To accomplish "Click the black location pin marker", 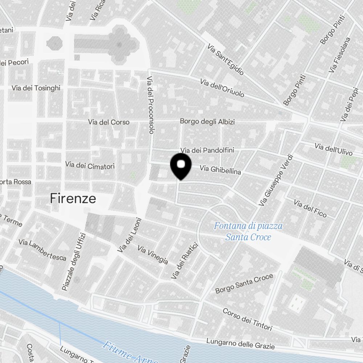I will pyautogui.click(x=181, y=166).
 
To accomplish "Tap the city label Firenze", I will pyautogui.click(x=73, y=199).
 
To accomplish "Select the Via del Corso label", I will pyautogui.click(x=109, y=122).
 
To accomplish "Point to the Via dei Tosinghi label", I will pyautogui.click(x=36, y=88).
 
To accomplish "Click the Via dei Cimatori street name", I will pyautogui.click(x=90, y=166).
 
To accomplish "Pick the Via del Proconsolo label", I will pyautogui.click(x=151, y=105).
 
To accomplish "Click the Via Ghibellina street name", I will pyautogui.click(x=220, y=169).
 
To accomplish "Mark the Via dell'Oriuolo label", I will pyautogui.click(x=222, y=88).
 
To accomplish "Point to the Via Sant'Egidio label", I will pyautogui.click(x=225, y=60).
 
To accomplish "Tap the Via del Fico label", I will pyautogui.click(x=310, y=209).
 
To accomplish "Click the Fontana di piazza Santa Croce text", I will pyautogui.click(x=248, y=232).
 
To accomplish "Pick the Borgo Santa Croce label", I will pyautogui.click(x=244, y=284).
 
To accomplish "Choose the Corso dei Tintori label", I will pyautogui.click(x=247, y=319).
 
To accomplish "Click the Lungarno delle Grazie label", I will pyautogui.click(x=240, y=343).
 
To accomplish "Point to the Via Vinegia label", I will pyautogui.click(x=152, y=255).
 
